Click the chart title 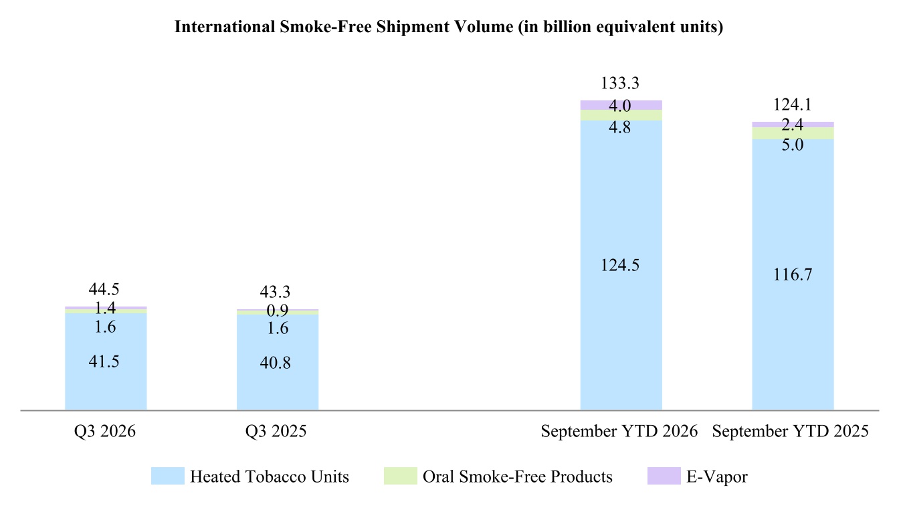(449, 27)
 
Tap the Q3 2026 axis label (105, 432)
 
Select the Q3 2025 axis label (276, 432)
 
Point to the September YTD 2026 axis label (619, 432)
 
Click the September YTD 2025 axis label (790, 432)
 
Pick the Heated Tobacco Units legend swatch (168, 476)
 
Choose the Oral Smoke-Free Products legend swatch (400, 476)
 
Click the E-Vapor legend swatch (664, 476)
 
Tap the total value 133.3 (619, 83)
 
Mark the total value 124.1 (792, 105)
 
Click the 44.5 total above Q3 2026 (104, 289)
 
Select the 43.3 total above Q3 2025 (275, 292)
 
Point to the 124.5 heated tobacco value (619, 266)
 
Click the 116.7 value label (792, 275)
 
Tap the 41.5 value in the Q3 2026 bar (104, 362)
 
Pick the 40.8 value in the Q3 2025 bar (275, 363)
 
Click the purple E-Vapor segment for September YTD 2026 (621, 105)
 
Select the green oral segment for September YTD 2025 (793, 133)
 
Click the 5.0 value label (792, 145)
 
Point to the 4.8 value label (619, 128)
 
